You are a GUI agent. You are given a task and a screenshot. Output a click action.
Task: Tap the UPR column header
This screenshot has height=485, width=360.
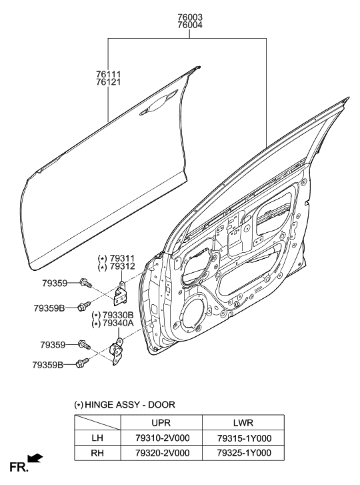click(x=161, y=423)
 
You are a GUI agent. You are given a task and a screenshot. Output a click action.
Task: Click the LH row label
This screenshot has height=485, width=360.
click(x=97, y=438)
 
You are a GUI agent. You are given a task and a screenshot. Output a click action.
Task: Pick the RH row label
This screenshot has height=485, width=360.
click(x=97, y=453)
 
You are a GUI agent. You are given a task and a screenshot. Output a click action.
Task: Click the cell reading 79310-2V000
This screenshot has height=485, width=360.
click(x=161, y=438)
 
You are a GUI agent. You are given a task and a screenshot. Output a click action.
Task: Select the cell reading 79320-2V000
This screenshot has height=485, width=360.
click(x=161, y=453)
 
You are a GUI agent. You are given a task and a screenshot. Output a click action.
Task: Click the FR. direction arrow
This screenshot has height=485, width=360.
click(x=35, y=458)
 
